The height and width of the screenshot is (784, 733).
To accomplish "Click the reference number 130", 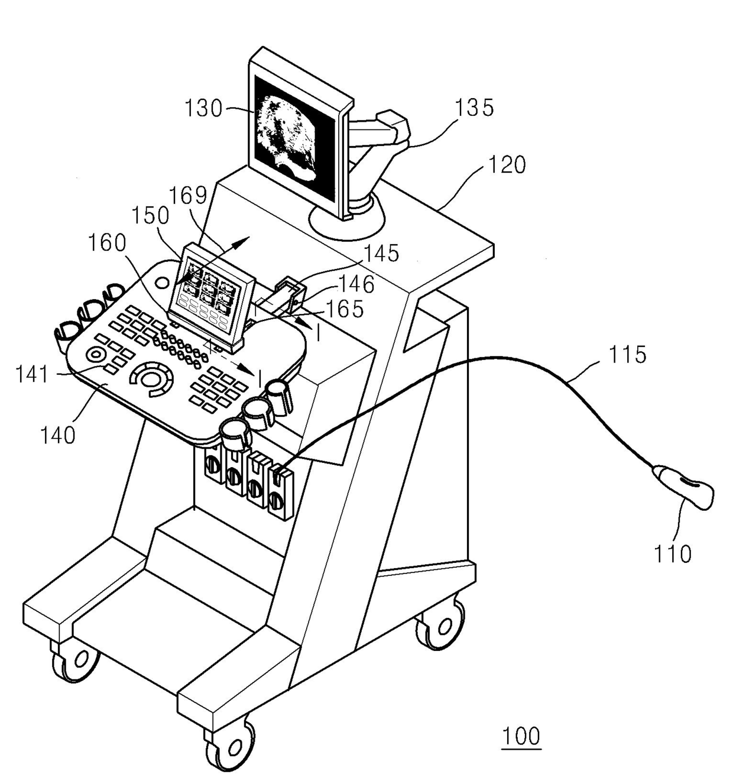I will click(x=203, y=109).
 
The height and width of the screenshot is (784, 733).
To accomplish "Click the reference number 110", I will click(x=672, y=554).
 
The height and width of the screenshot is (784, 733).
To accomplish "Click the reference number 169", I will click(x=188, y=195).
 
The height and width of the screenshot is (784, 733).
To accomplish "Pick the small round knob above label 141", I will click(x=95, y=355).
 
